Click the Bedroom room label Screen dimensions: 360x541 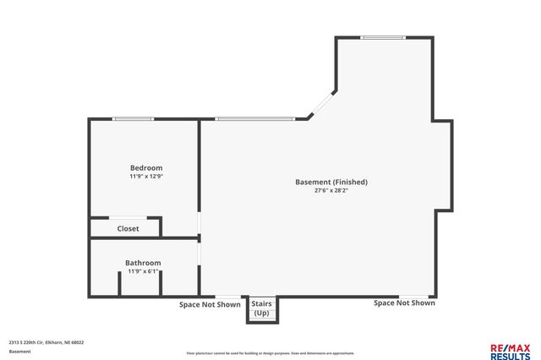[145, 167]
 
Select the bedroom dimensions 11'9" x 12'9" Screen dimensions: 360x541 [145, 177]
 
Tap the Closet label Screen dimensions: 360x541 [128, 228]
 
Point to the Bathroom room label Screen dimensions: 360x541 [143, 263]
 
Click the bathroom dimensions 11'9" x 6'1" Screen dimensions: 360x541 [143, 272]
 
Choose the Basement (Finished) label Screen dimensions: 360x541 [331, 182]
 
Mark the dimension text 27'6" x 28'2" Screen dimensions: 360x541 [331, 191]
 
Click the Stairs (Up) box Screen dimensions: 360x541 [261, 308]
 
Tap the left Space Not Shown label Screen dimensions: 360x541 [210, 304]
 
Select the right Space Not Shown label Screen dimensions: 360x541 [405, 303]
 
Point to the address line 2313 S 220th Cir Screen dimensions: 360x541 [46, 342]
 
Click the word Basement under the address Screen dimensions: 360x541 [19, 352]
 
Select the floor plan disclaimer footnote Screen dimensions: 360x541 [270, 353]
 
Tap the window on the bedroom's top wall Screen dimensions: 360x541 [133, 119]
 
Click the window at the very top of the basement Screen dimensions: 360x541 [382, 37]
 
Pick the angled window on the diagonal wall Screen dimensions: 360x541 [320, 105]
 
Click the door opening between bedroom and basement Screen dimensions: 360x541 [199, 223]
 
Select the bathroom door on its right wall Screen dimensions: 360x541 [199, 253]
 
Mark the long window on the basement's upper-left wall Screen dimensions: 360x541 [254, 119]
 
